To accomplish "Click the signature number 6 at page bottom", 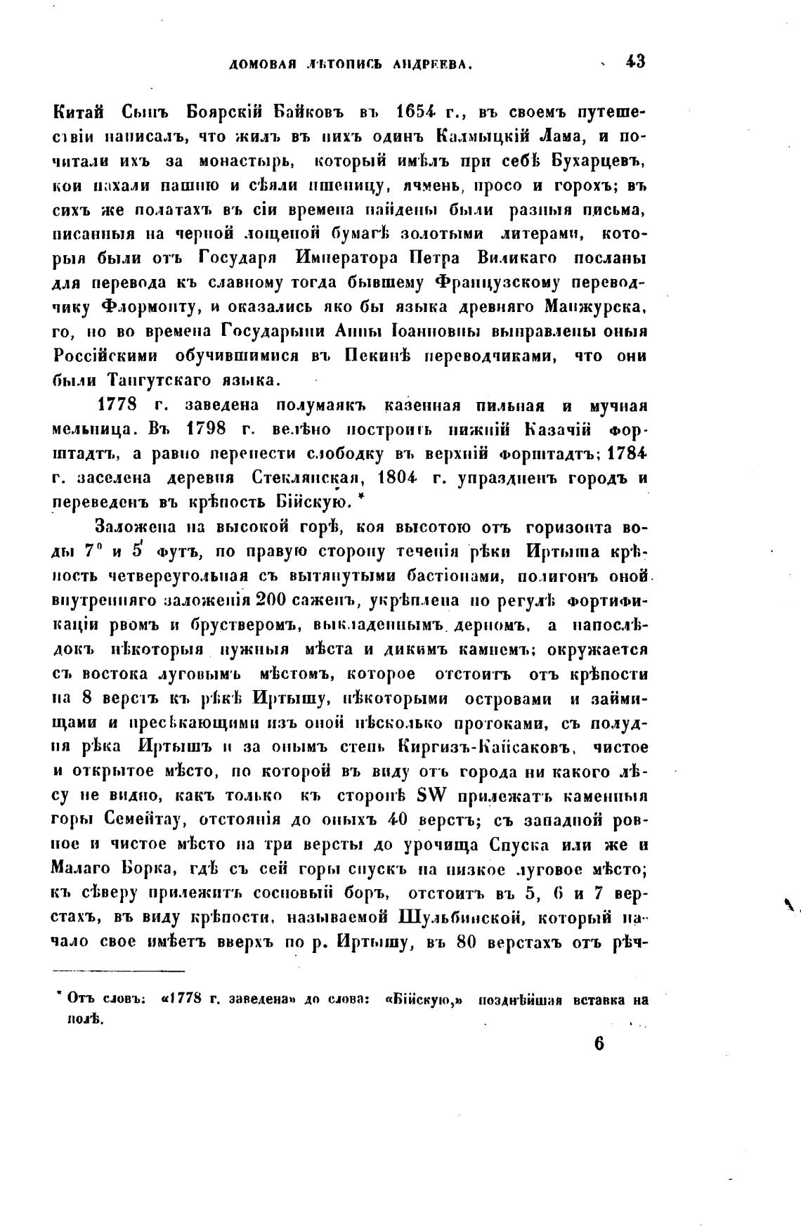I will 599,1044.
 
